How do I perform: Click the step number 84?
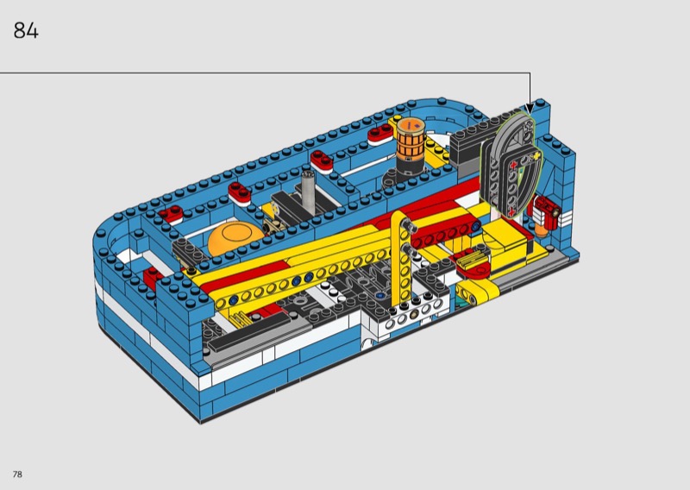26,30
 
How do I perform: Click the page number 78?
17,474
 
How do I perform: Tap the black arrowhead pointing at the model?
530,108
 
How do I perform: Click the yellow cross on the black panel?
536,157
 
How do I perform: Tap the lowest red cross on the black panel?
511,212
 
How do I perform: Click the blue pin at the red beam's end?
475,227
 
